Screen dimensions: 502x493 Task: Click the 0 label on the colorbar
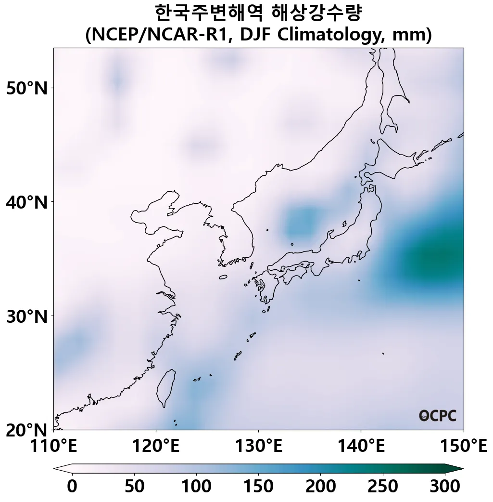click(72, 486)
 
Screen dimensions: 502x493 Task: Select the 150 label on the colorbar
click(258, 486)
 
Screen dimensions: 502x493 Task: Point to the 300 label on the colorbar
click(445, 486)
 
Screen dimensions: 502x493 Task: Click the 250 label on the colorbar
click(383, 486)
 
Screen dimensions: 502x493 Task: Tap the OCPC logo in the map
click(437, 416)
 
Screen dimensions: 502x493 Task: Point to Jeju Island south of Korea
click(223, 277)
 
